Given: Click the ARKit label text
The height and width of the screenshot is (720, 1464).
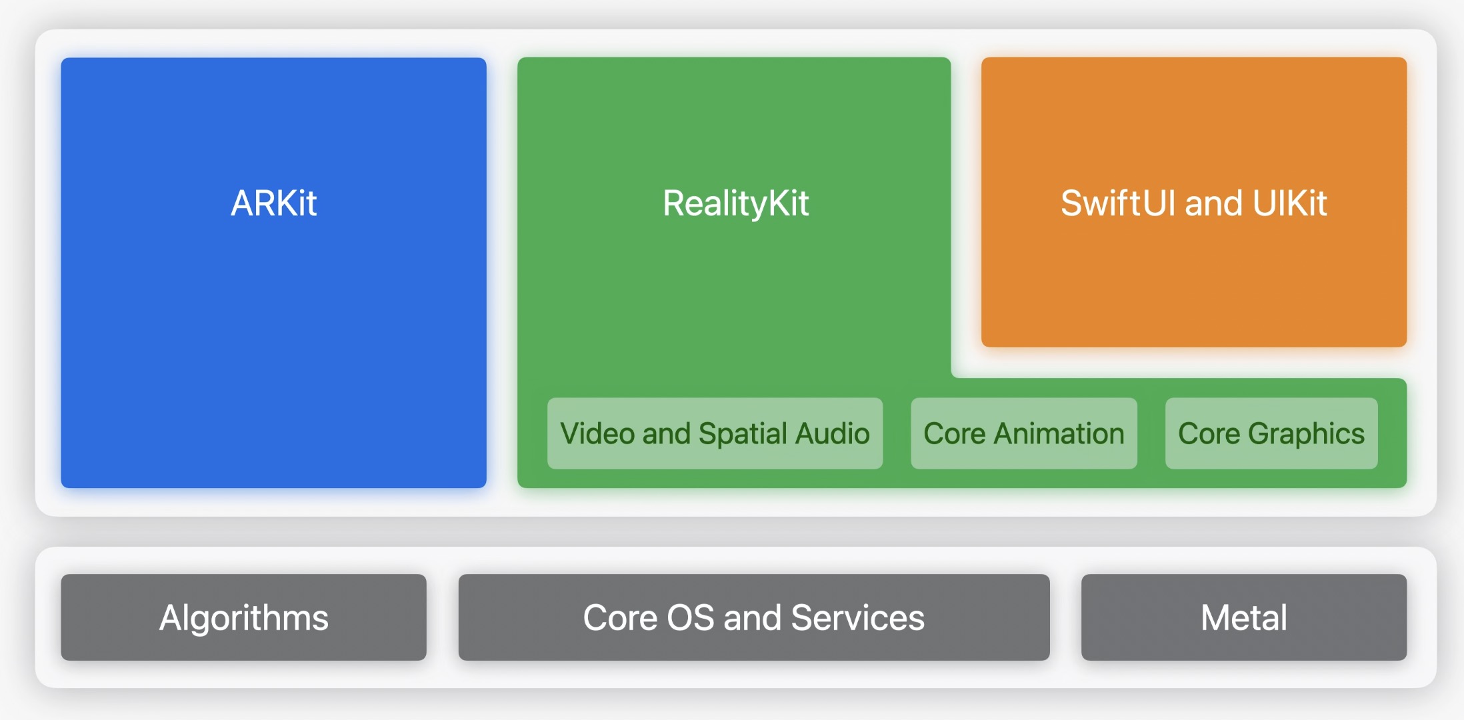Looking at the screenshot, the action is click(273, 203).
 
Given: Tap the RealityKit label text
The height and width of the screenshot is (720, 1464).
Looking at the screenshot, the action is click(735, 204).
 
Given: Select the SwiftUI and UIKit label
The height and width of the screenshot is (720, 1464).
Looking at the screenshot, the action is click(1193, 203).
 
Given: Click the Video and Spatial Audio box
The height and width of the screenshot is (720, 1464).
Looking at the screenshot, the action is click(715, 433).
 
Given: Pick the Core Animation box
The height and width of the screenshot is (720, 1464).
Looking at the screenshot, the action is click(1024, 433).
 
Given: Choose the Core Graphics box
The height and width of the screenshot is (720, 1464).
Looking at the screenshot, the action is click(1271, 433).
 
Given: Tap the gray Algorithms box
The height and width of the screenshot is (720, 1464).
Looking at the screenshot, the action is click(243, 617).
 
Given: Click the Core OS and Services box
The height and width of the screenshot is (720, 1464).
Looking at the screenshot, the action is click(754, 617).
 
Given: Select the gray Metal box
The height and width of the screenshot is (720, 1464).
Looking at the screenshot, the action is click(1244, 617).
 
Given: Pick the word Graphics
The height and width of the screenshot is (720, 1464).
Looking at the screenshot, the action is click(1306, 435).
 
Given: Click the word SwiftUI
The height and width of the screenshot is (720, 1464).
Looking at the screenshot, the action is click(1118, 203).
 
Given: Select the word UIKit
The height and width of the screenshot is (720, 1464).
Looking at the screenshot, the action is click(1290, 203).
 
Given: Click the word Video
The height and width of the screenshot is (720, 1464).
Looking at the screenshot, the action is click(597, 433).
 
